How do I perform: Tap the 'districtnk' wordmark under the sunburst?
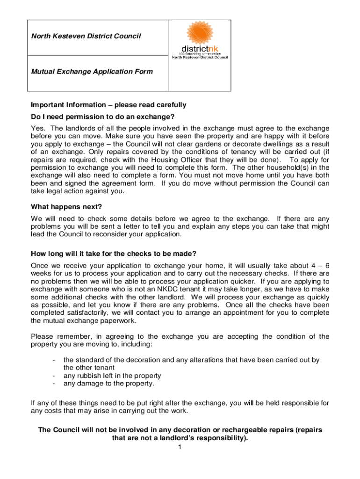pyautogui.click(x=200, y=48)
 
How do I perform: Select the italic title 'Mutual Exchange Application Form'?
pyautogui.click(x=92, y=72)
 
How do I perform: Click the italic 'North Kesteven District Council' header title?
pyautogui.click(x=86, y=36)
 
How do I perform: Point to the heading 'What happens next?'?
pyautogui.click(x=66, y=207)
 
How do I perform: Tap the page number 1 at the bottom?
pyautogui.click(x=179, y=448)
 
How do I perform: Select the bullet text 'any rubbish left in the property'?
pyautogui.click(x=112, y=376)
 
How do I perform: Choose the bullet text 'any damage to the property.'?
pyautogui.click(x=108, y=384)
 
